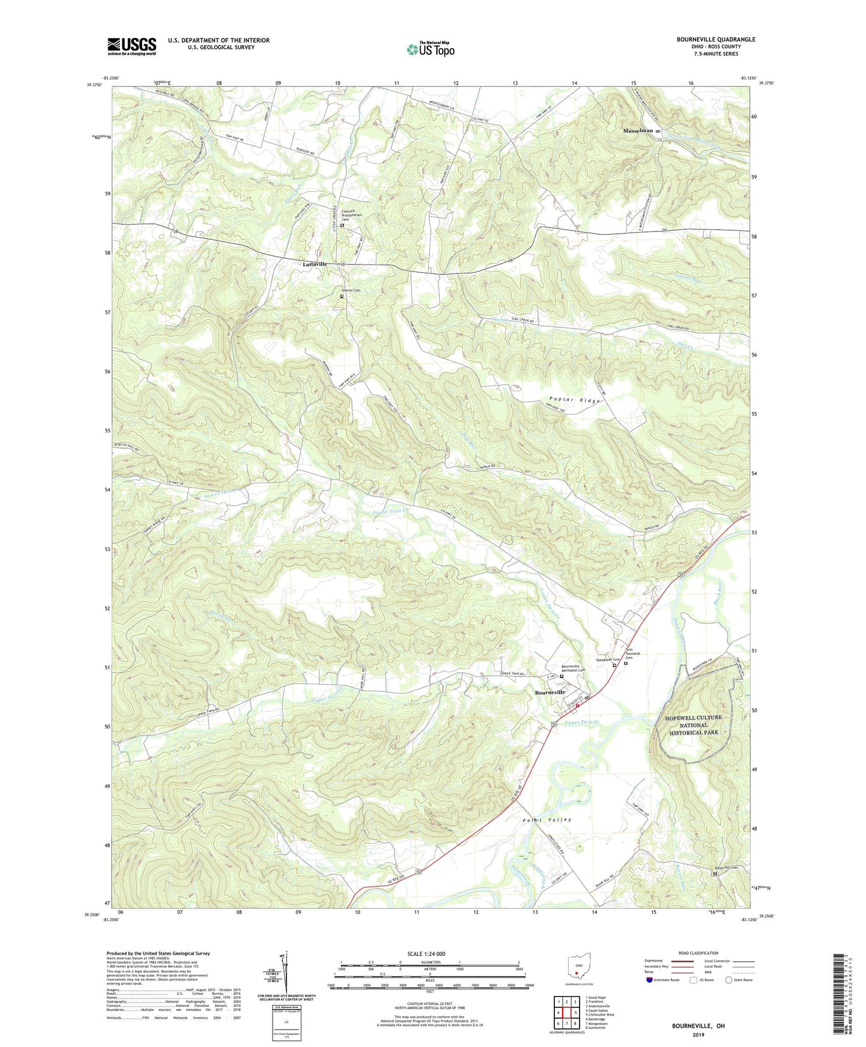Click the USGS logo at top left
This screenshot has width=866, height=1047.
point(132,46)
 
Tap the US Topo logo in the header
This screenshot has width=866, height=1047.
point(430,49)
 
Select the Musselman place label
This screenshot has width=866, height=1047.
point(638,131)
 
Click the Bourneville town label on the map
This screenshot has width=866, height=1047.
point(550,692)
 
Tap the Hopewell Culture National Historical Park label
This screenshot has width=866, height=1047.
point(693,725)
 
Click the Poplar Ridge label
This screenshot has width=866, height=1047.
point(574,400)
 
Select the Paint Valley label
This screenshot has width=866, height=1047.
point(547,820)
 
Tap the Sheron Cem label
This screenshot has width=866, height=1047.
point(351,291)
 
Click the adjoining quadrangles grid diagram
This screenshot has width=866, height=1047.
point(566,1013)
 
